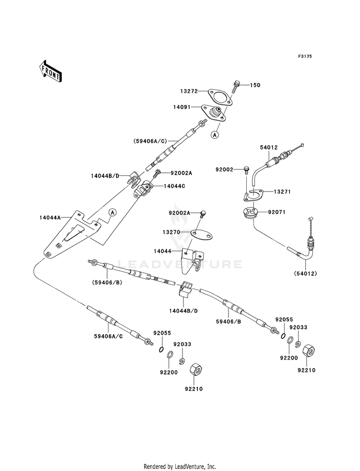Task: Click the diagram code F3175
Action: (305, 56)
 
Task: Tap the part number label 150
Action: (255, 85)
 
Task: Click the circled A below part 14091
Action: (215, 135)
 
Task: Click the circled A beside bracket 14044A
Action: (112, 212)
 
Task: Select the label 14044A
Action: (50, 217)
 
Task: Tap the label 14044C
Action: (174, 186)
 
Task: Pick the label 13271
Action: (282, 192)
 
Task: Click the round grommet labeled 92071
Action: (252, 213)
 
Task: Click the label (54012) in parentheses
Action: (305, 273)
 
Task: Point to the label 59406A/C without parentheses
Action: (108, 336)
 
